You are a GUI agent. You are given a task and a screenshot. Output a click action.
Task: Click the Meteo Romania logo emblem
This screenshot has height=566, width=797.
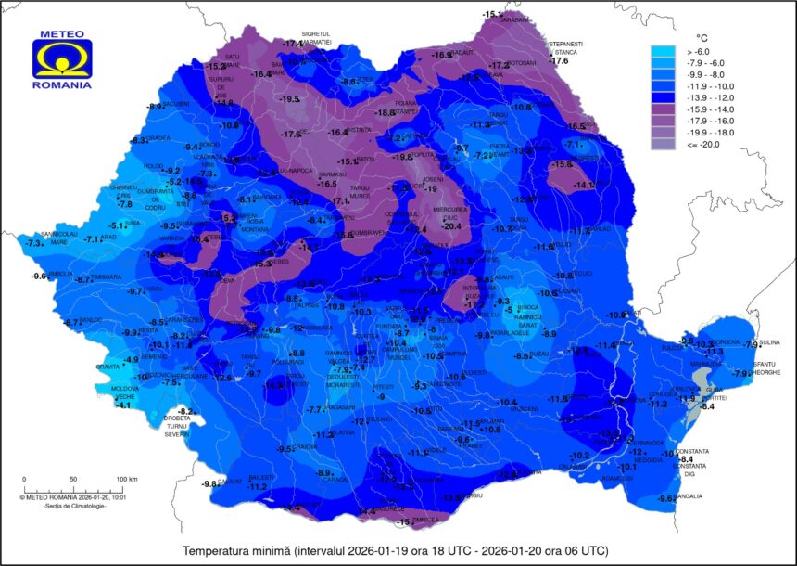point(62,58)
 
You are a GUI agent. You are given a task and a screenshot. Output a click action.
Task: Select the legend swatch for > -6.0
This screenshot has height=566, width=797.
point(665,52)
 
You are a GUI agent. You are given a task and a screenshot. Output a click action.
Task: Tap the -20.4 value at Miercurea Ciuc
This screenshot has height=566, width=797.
point(451,225)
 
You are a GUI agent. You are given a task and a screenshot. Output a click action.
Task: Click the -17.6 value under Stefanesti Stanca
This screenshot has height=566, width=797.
point(560,60)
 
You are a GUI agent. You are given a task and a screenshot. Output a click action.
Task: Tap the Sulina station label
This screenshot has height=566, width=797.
point(768,342)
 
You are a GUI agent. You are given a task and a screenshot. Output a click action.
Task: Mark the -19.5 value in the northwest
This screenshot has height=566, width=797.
point(290,99)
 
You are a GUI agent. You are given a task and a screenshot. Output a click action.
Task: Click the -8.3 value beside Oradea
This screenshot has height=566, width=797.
point(139,140)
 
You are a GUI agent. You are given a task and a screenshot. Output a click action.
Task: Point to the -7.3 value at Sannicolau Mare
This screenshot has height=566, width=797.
point(34,243)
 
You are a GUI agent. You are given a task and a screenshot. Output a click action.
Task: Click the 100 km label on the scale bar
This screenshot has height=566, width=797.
point(127,480)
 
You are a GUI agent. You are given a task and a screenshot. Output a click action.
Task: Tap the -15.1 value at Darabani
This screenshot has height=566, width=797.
point(491,14)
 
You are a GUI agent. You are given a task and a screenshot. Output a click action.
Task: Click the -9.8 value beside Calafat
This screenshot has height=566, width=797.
point(209,483)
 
